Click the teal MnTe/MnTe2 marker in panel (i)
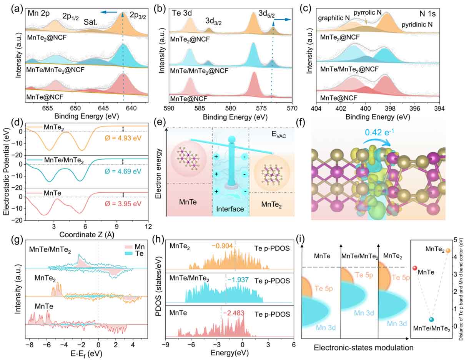point(431,320)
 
